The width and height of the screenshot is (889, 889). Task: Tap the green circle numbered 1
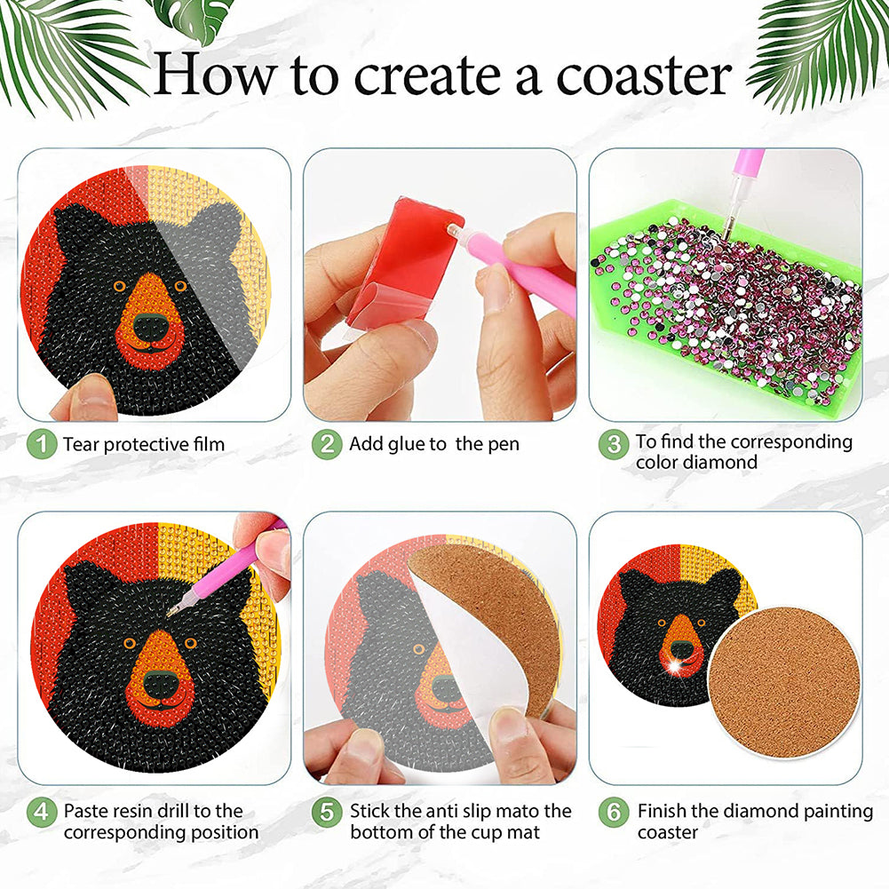(42, 444)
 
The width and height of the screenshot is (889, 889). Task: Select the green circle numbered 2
(327, 444)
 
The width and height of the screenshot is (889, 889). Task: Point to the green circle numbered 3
(614, 444)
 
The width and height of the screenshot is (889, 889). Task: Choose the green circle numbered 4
(42, 813)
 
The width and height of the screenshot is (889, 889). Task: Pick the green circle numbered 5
(327, 813)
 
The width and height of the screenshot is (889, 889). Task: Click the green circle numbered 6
(614, 813)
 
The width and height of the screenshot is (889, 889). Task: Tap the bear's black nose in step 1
(150, 327)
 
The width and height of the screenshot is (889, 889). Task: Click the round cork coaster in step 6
(785, 683)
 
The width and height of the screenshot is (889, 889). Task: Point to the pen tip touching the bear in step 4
(171, 613)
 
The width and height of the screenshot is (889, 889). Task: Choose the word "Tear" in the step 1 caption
(81, 444)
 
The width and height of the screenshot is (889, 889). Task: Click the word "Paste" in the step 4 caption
(85, 812)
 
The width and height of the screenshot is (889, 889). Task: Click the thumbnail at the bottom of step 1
(85, 398)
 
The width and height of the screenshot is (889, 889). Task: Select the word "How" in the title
(216, 75)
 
